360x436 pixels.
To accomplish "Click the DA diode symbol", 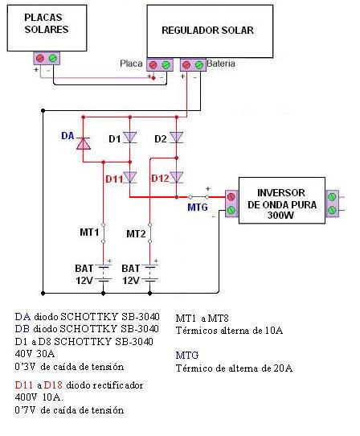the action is [84, 143].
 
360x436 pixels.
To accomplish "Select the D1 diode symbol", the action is [129, 138].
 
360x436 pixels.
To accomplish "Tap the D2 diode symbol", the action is [177, 138].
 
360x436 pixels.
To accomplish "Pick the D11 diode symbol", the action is [129, 177].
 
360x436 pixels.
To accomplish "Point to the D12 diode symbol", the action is [177, 177].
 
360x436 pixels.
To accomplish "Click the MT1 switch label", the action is [89, 232].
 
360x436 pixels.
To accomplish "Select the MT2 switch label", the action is [136, 234].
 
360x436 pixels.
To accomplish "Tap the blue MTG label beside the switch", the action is [198, 208].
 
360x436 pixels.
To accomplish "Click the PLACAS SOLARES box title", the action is [46, 23].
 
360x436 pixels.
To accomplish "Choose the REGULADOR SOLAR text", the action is [207, 31].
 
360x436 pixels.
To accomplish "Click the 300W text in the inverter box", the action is [280, 216].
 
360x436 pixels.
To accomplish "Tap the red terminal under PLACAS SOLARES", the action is [40, 58].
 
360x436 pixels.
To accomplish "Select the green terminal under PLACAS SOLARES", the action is [53, 58].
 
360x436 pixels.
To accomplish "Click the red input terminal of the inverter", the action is [231, 197].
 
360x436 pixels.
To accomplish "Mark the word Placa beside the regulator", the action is [131, 64].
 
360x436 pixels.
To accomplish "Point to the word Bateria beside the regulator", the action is [221, 64].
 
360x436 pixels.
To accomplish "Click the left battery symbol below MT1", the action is [104, 274].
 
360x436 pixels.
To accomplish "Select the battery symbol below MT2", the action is [150, 274].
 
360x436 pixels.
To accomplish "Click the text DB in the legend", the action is [22, 329].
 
